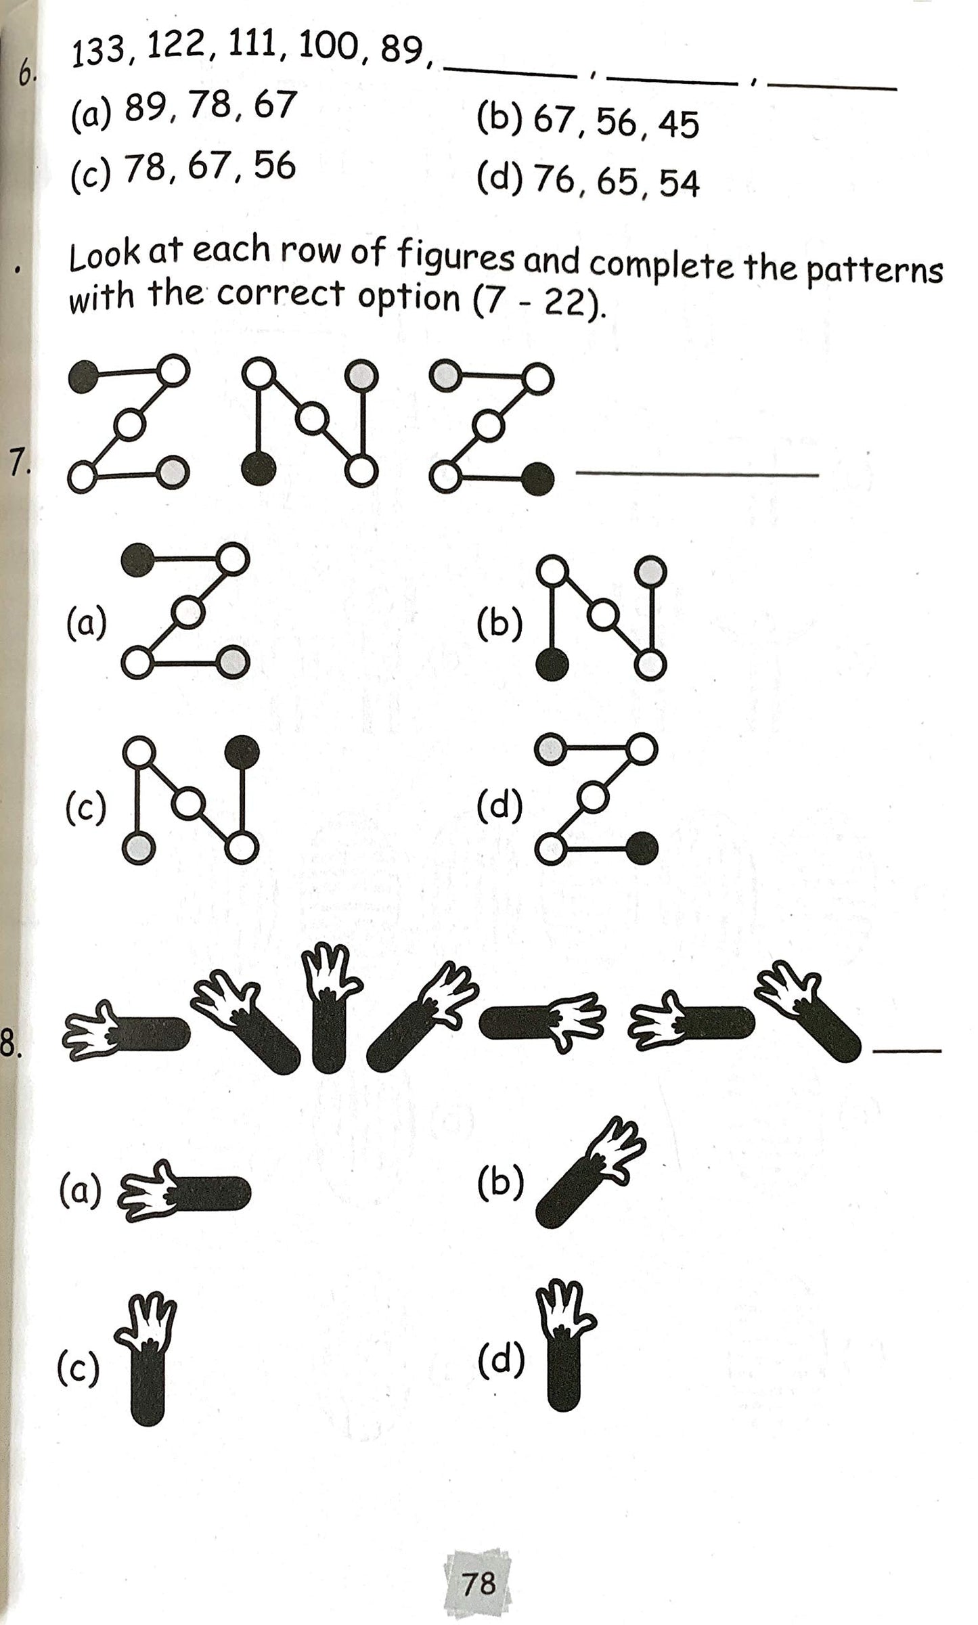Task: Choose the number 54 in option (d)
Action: [x=679, y=183]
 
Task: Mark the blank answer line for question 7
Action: [x=696, y=475]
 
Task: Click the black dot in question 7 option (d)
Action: [x=641, y=848]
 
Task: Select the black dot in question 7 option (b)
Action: [x=552, y=665]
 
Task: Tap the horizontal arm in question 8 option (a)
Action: [x=184, y=1192]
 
